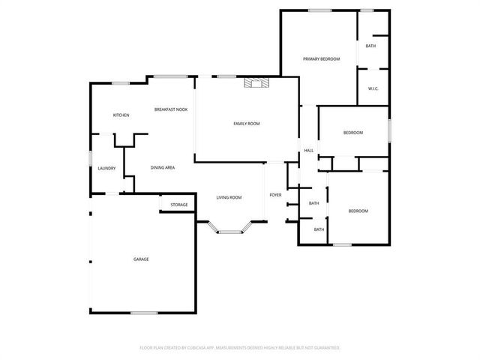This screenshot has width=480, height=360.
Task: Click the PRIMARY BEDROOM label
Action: tap(321, 58)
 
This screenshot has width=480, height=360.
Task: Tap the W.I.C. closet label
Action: tap(373, 89)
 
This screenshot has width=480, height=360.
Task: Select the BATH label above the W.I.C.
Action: tap(370, 46)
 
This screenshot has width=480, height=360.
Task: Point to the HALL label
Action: tap(308, 151)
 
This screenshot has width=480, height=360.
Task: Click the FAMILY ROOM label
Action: tap(246, 123)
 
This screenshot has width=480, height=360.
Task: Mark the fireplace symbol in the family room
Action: tap(254, 83)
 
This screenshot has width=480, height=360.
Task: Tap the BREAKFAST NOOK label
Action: tap(171, 109)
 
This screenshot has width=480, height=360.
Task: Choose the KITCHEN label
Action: tap(121, 115)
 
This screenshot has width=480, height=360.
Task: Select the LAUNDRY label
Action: tap(106, 168)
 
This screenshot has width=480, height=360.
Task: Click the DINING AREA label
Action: tap(163, 167)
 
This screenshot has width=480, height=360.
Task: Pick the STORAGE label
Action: tap(178, 204)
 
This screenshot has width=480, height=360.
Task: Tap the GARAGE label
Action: tap(141, 259)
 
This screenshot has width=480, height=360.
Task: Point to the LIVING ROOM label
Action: tap(229, 197)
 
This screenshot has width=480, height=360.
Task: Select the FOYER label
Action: tap(275, 195)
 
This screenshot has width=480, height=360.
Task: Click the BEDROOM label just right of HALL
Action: tap(352, 133)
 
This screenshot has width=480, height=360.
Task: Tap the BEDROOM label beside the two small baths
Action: tap(358, 211)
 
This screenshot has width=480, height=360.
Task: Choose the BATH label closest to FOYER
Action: tap(313, 203)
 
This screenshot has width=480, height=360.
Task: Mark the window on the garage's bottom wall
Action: tap(144, 312)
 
